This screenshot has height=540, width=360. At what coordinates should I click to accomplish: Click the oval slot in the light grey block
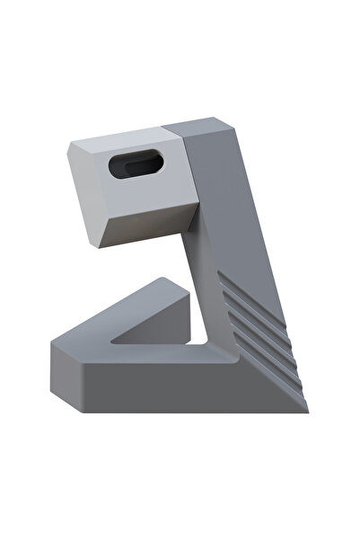pos(135,165)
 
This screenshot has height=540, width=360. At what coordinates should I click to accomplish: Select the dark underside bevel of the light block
pos(148,225)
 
